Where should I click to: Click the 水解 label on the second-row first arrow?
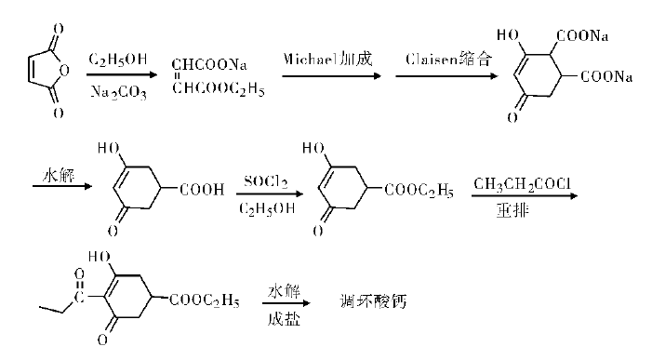[59, 173]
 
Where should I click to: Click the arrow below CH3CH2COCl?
[526, 194]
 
